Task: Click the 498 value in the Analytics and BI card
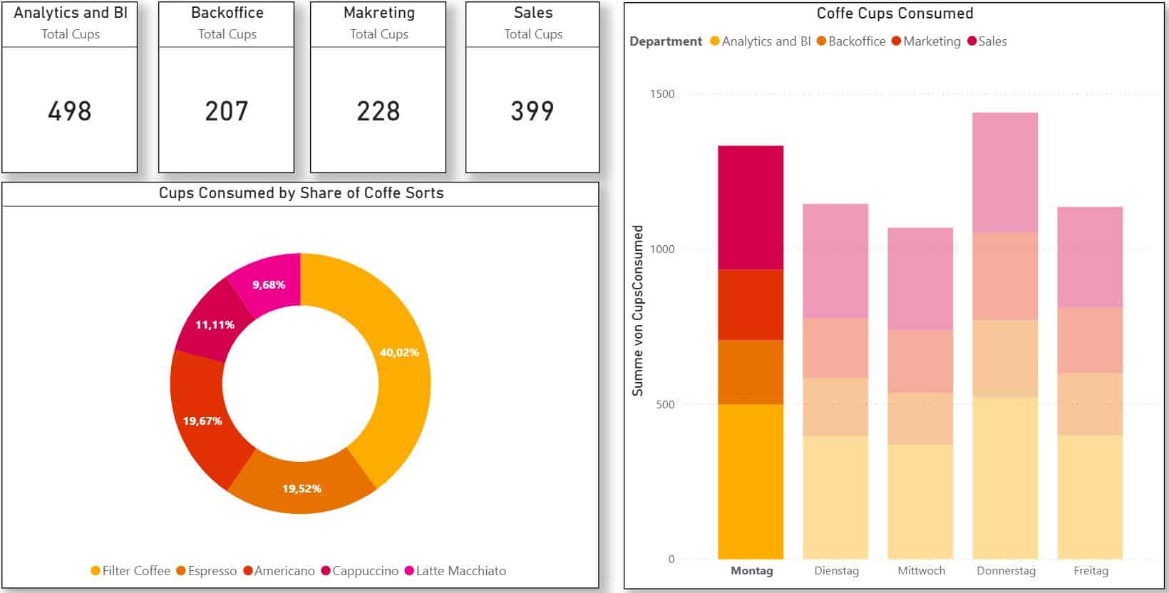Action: click(70, 111)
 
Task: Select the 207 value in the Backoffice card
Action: click(227, 111)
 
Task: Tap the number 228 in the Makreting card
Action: click(378, 111)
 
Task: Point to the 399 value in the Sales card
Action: click(532, 111)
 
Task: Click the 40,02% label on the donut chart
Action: click(399, 352)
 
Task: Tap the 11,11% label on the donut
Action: click(215, 325)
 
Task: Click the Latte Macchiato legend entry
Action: click(460, 571)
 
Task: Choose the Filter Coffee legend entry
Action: click(135, 571)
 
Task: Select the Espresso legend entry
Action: click(212, 571)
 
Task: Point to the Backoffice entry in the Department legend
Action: click(856, 41)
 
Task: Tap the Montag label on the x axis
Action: click(751, 571)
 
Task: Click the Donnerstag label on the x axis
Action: click(1006, 571)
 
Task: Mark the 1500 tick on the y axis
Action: click(661, 94)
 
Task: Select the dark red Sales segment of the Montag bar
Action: click(751, 207)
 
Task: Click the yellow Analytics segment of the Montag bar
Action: click(751, 481)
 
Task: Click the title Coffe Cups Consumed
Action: click(895, 14)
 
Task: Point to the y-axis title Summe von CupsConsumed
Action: click(638, 311)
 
